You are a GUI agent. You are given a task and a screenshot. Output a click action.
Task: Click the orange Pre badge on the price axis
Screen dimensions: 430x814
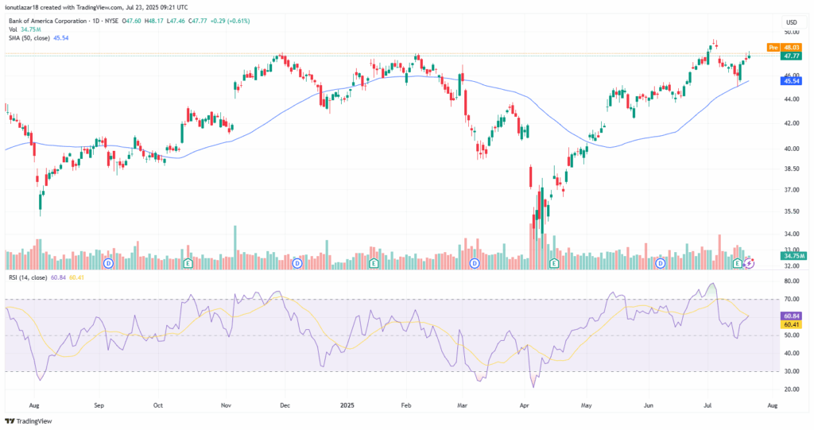click(x=773, y=48)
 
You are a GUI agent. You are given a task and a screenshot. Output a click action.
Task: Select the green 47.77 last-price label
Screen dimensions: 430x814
click(x=791, y=56)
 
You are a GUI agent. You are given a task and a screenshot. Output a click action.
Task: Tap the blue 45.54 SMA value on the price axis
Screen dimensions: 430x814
click(x=791, y=81)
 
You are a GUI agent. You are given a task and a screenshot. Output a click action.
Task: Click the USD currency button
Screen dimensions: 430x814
click(x=791, y=21)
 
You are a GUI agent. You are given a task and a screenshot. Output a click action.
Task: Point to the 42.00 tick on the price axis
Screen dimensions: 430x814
click(x=791, y=124)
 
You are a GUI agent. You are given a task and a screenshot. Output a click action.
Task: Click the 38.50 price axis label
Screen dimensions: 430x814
click(x=791, y=169)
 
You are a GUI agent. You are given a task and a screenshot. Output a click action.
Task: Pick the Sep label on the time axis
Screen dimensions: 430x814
click(x=99, y=405)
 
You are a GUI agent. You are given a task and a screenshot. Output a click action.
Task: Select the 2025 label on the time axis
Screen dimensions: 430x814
click(x=347, y=405)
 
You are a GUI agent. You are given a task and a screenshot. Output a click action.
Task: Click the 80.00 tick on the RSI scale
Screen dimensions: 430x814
click(x=791, y=281)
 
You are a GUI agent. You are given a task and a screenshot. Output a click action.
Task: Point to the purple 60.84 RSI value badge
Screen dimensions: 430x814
click(x=791, y=316)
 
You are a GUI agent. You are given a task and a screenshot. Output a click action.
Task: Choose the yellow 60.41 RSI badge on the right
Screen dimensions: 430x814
click(x=791, y=325)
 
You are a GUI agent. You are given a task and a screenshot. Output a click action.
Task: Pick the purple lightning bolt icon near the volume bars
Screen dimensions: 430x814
click(x=749, y=262)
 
